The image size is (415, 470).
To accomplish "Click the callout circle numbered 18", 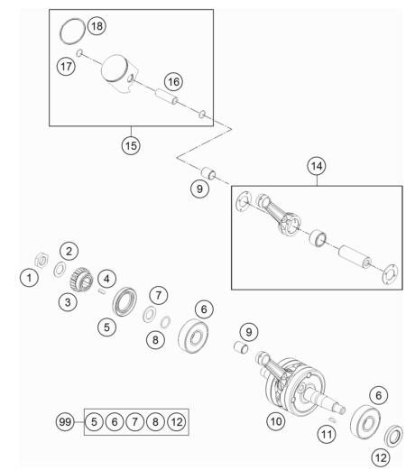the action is coord(97,26).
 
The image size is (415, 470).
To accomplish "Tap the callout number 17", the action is coord(66,66).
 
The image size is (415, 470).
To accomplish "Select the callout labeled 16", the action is coord(173,81).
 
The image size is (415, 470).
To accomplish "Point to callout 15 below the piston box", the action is coord(131,145).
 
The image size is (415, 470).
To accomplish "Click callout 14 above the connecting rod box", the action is coord(317,166).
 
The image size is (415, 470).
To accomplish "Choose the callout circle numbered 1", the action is coord(29,278).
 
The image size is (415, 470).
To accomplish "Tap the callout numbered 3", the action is coord(68,302).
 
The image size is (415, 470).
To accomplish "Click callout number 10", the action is coord(276,421).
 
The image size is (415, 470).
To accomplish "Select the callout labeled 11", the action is coord(327,434).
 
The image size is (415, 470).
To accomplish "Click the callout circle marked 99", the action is coord(65,422).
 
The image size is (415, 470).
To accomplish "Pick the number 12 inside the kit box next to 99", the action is coord(177,422).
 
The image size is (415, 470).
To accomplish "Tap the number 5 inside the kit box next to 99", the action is coord(94,422).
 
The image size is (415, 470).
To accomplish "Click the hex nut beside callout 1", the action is coord(41,260).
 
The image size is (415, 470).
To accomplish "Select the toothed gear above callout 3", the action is coord(81,280).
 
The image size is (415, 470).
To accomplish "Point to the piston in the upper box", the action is coord(119,73).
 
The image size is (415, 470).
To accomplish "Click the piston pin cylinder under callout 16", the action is coord(166,97).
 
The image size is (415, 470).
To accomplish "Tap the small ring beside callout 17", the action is coord(79,53).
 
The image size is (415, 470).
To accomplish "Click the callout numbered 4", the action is coord(106,279).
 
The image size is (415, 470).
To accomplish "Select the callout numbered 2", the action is coord(69,251).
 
